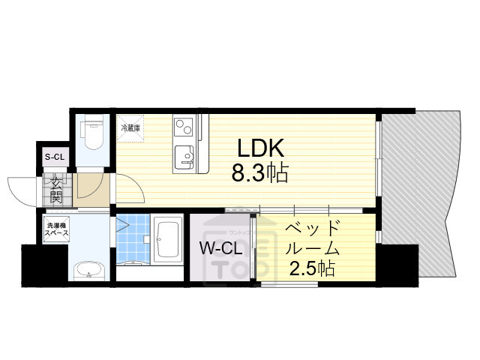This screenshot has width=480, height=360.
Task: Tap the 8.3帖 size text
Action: click(259, 175)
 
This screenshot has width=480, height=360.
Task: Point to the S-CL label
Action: click(55, 157)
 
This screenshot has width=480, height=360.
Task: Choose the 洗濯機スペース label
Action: click(57, 229)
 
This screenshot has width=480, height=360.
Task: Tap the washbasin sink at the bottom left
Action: click(88, 268)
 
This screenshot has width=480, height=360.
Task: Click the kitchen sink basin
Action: click(184, 157)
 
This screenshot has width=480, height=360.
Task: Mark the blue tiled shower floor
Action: click(133, 236)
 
